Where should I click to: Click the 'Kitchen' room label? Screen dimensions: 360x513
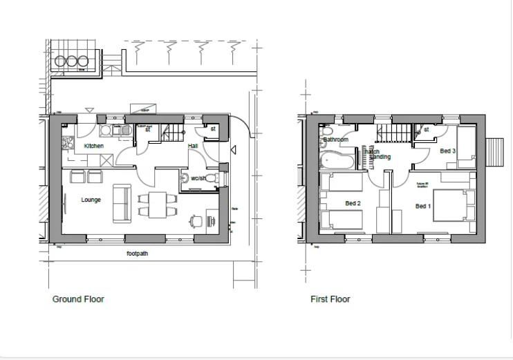(x=94, y=146)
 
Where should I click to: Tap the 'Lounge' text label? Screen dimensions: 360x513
(x=91, y=200)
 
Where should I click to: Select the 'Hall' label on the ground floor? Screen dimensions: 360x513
(x=193, y=146)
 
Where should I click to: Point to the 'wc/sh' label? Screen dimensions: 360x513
(x=198, y=178)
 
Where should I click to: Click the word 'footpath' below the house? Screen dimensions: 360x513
(x=137, y=254)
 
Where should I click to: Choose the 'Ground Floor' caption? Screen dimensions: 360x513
(x=78, y=299)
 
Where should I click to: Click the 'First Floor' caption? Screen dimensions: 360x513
(x=330, y=299)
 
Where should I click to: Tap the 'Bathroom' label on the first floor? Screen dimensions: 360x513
(x=335, y=140)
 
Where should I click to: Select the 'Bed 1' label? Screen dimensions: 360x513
(x=423, y=206)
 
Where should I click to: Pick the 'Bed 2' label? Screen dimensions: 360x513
(x=353, y=203)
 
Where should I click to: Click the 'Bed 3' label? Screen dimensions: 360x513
(x=447, y=151)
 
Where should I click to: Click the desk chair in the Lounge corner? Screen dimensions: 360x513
(x=196, y=221)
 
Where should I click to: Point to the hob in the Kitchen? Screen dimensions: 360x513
(x=68, y=143)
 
